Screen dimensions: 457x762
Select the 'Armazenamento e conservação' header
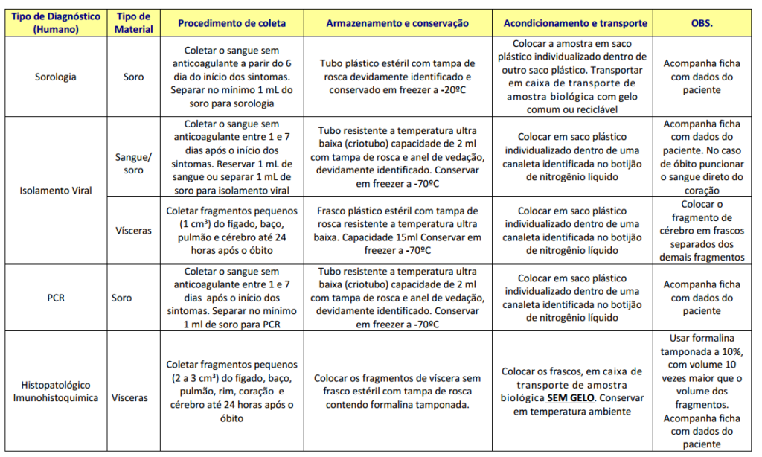pos(397,23)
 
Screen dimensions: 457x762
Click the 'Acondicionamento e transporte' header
pos(575,23)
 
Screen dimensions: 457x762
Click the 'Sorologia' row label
pos(56,77)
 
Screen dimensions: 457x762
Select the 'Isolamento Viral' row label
pos(56,190)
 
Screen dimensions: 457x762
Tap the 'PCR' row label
pos(56,298)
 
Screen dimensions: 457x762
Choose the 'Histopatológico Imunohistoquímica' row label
pos(56,392)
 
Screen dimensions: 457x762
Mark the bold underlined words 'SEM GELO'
pos(571,398)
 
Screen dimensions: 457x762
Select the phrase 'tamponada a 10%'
pos(701,351)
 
